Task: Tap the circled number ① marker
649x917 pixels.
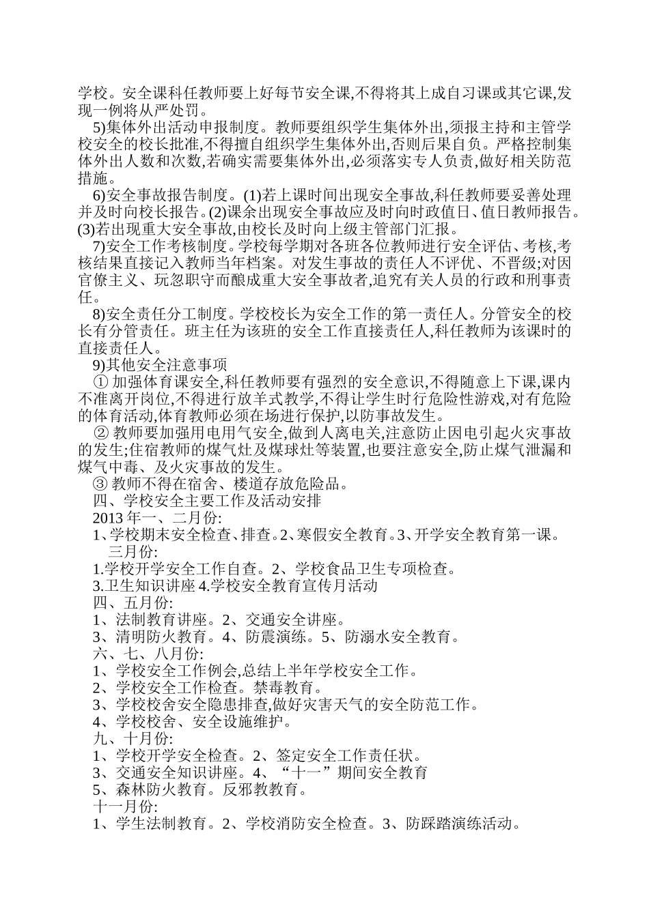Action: click(x=100, y=381)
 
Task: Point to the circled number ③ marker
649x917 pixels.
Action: click(x=100, y=484)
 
